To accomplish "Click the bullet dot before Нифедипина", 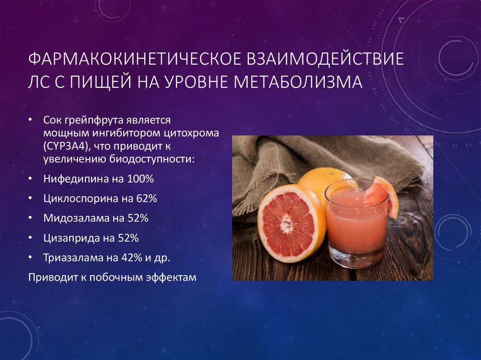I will (x=31, y=179).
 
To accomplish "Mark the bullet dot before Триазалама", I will (x=31, y=258).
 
